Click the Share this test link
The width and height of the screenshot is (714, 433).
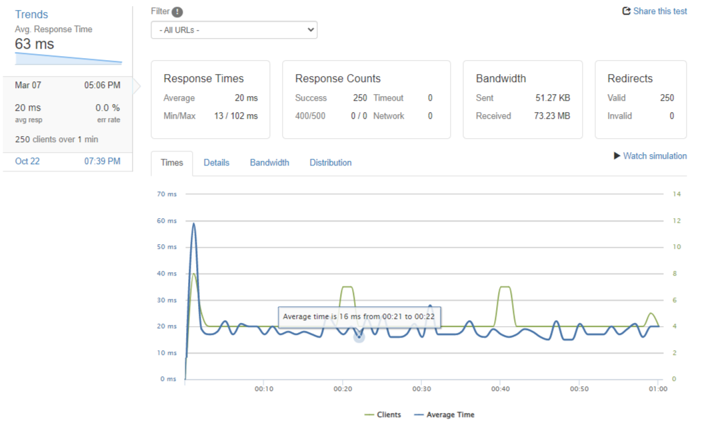pyautogui.click(x=655, y=11)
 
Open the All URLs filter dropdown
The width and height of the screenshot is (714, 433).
pyautogui.click(x=234, y=30)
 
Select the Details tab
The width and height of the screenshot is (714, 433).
pyautogui.click(x=216, y=163)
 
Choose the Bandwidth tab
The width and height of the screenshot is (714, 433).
pyautogui.click(x=269, y=163)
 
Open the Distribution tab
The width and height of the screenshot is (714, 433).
pyautogui.click(x=330, y=163)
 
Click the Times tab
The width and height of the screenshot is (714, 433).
pyautogui.click(x=172, y=163)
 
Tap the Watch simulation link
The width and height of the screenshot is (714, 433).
pyautogui.click(x=650, y=156)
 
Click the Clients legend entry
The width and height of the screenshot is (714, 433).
pyautogui.click(x=383, y=415)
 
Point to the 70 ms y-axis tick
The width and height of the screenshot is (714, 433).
pyautogui.click(x=167, y=194)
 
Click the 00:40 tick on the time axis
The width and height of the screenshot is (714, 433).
pyautogui.click(x=501, y=389)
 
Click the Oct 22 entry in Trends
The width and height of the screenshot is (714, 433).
pyautogui.click(x=27, y=161)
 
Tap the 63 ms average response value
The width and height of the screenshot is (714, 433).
pyautogui.click(x=35, y=45)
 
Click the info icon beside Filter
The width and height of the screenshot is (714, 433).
pyautogui.click(x=177, y=12)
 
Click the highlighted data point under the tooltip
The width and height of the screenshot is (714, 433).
pyautogui.click(x=359, y=337)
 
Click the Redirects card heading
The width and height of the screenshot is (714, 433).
pyautogui.click(x=630, y=79)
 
